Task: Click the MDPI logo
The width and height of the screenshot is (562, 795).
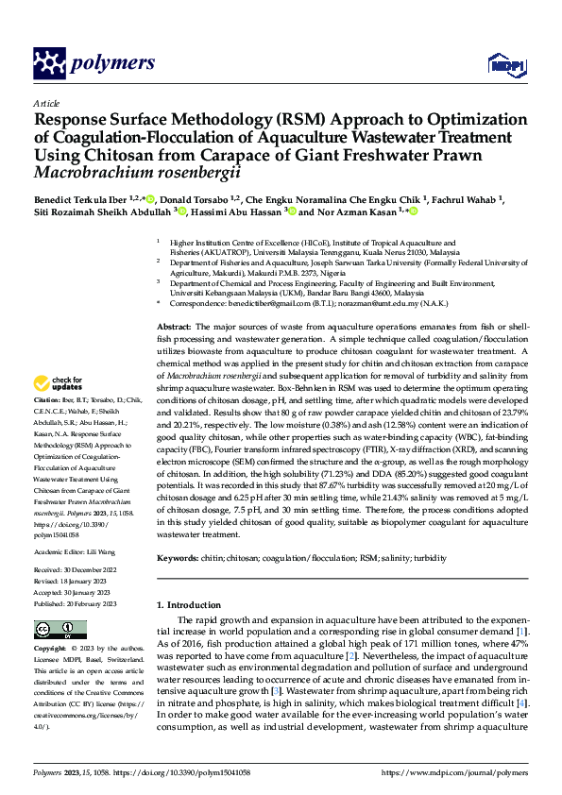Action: [501, 64]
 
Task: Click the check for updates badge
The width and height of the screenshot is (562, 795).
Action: [59, 384]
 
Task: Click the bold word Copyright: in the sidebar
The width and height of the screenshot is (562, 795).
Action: [49, 650]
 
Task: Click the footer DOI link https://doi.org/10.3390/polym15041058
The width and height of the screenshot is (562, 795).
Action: [179, 772]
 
